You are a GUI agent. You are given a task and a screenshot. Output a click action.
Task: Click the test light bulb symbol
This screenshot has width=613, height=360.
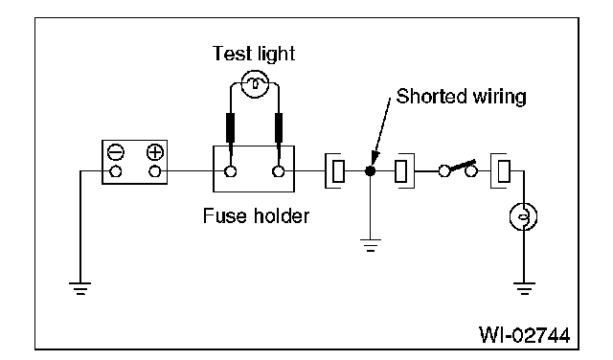[255, 84]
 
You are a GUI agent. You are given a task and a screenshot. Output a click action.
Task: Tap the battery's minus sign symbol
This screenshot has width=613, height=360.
[116, 152]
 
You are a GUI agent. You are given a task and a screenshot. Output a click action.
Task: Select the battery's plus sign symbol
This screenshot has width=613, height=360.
[155, 152]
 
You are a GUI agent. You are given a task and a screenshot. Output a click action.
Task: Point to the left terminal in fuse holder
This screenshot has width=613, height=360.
[231, 171]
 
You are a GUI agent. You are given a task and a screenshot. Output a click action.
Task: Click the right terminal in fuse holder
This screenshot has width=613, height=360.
[279, 171]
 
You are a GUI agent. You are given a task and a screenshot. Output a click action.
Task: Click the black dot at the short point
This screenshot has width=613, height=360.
[371, 170]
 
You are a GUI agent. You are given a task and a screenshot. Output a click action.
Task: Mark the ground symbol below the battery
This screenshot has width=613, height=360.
[80, 288]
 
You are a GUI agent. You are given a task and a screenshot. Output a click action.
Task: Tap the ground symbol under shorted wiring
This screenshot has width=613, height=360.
[371, 245]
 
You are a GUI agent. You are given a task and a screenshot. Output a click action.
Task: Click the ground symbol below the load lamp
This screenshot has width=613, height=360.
[524, 288]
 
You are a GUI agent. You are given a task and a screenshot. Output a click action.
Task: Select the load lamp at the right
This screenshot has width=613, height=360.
[524, 216]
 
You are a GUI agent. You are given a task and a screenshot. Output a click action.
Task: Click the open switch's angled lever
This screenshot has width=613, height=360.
[463, 166]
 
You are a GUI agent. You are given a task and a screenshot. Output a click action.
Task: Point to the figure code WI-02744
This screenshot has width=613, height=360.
[525, 334]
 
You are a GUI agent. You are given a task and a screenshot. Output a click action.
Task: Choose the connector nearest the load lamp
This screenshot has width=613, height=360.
[501, 170]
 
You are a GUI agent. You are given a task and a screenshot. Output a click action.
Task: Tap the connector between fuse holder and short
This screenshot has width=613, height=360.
[335, 170]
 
